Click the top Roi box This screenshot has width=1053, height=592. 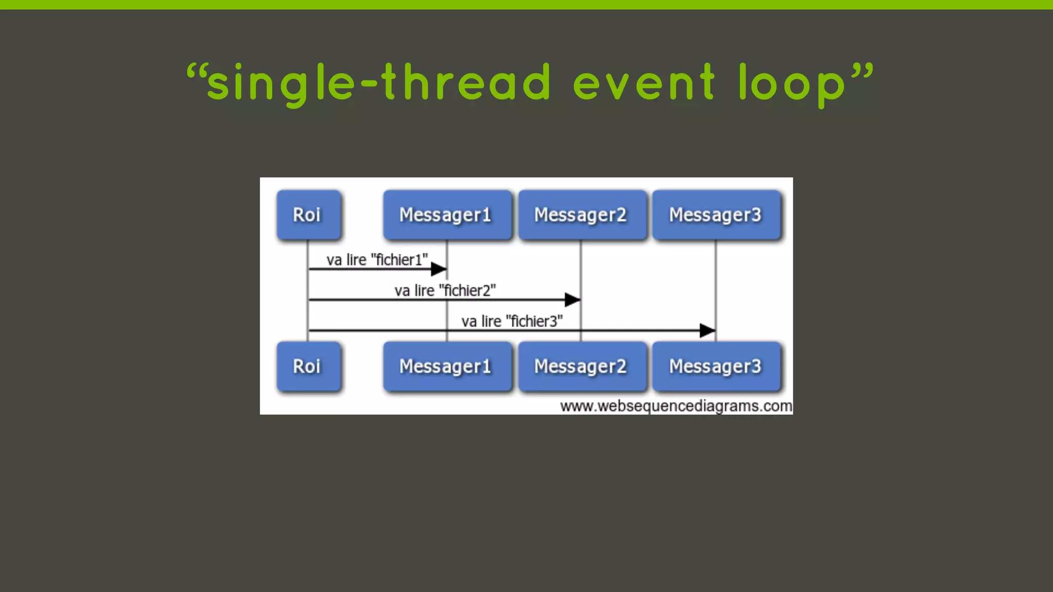coord(308,215)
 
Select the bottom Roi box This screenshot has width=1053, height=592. coord(308,366)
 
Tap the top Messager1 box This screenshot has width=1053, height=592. coord(447,215)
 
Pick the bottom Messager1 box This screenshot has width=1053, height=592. coord(447,366)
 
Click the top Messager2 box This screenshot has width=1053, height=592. coord(582,215)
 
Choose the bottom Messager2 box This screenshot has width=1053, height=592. coord(582,366)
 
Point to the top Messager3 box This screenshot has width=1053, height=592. coord(716,215)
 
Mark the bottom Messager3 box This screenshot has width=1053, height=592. coord(716,366)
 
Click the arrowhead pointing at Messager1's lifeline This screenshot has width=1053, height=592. coord(439,269)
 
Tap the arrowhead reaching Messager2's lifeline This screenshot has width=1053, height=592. coord(572,300)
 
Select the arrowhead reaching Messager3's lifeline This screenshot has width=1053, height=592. coord(707,330)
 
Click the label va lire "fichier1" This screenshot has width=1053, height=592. coord(377,260)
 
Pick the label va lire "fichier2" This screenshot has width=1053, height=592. coord(445,291)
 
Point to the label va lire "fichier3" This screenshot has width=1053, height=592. coord(512,322)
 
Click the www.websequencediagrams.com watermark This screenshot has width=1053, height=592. coord(676,406)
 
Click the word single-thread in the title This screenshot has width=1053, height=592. coord(379,83)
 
